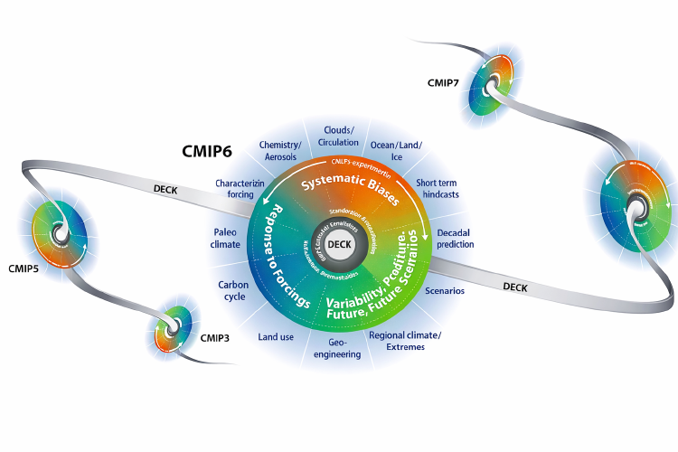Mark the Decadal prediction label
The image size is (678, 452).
tap(456, 238)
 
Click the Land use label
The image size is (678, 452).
tap(276, 337)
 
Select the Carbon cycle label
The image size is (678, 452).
tap(233, 290)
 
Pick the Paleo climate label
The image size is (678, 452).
tap(225, 238)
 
